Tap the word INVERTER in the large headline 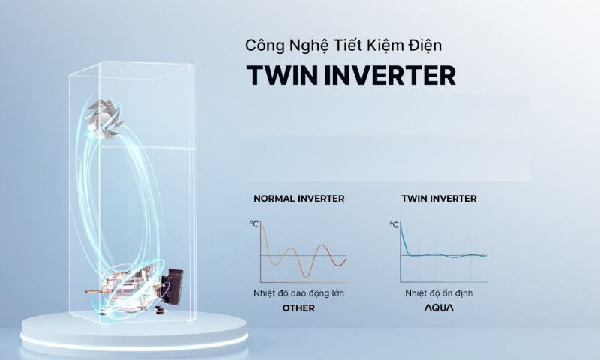[x=390, y=75]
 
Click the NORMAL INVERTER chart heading [x=299, y=199]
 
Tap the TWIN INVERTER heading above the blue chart [x=439, y=199]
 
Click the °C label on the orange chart [x=254, y=223]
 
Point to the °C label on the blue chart [x=394, y=224]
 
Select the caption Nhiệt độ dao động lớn [x=298, y=293]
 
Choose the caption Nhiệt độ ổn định [x=439, y=293]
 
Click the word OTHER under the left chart [x=298, y=308]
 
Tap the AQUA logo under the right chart [x=439, y=307]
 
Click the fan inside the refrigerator [x=104, y=118]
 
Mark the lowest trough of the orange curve [x=305, y=277]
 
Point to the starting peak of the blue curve [x=400, y=223]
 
